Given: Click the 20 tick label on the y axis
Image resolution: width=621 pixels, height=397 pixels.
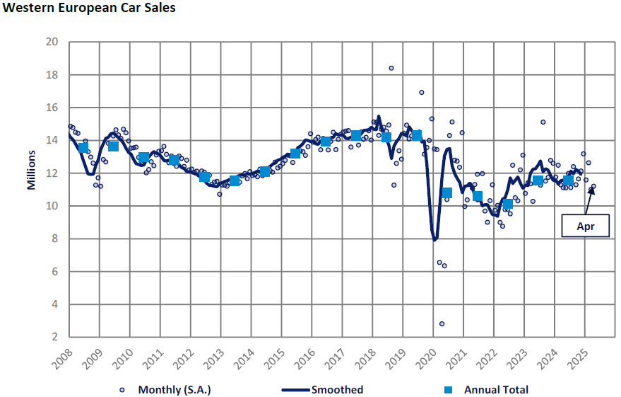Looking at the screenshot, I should pos(52,42).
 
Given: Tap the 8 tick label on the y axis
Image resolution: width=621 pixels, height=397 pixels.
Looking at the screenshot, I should pos(54,238).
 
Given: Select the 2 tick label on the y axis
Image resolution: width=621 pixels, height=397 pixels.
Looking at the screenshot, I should pos(54,338).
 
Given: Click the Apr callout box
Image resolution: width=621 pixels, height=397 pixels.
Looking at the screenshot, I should pos(584,226).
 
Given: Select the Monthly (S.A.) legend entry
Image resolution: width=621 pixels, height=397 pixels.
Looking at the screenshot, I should pos(167,389).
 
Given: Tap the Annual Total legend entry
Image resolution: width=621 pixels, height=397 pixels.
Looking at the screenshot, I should pos(488,389).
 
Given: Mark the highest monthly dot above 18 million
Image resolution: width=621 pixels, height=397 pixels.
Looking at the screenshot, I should pos(391,68).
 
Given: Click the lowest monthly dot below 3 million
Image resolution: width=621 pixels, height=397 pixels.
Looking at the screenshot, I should pos(442,323).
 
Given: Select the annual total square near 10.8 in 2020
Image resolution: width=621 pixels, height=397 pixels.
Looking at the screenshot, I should pos(446,192).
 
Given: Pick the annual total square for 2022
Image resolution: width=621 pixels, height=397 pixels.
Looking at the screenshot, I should pos(507,205).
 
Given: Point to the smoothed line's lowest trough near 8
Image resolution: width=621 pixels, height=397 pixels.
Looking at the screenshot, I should pos(435,240).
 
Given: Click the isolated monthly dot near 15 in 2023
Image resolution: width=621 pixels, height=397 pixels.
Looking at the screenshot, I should pos(543,122).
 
